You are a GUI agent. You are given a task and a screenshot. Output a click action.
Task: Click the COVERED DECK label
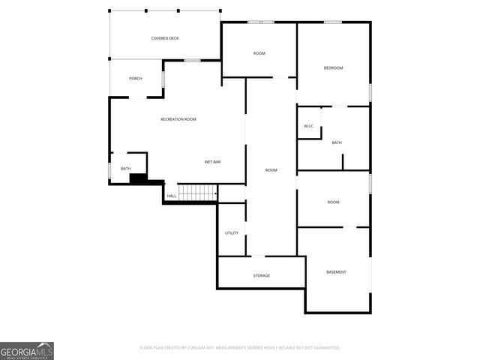164,38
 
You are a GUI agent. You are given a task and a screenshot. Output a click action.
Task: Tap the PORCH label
135,79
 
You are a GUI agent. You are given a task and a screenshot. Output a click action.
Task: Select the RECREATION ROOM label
178,119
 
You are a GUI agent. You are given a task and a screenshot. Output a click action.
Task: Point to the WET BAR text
212,162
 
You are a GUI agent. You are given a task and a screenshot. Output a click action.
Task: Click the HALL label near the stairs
172,196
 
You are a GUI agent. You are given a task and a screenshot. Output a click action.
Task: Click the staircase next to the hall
197,193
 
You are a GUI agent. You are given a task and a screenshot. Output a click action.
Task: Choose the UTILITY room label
232,232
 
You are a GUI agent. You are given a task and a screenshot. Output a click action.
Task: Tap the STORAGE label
261,275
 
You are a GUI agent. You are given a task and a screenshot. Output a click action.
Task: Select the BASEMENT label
336,271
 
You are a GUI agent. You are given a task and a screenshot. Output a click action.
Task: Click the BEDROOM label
333,68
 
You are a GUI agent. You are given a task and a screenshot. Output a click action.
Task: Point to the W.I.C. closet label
309,126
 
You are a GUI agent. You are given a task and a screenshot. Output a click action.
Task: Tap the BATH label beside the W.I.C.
337,142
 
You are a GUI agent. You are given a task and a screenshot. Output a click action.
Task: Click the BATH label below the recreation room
125,169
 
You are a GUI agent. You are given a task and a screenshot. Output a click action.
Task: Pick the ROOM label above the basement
333,202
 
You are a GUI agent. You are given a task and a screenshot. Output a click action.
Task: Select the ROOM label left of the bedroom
259,53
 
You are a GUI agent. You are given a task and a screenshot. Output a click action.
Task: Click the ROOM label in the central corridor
271,170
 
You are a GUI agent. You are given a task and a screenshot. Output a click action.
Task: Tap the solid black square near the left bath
138,178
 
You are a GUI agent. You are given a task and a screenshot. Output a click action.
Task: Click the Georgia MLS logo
27,350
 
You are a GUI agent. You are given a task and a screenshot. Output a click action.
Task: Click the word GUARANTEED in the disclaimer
325,348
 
